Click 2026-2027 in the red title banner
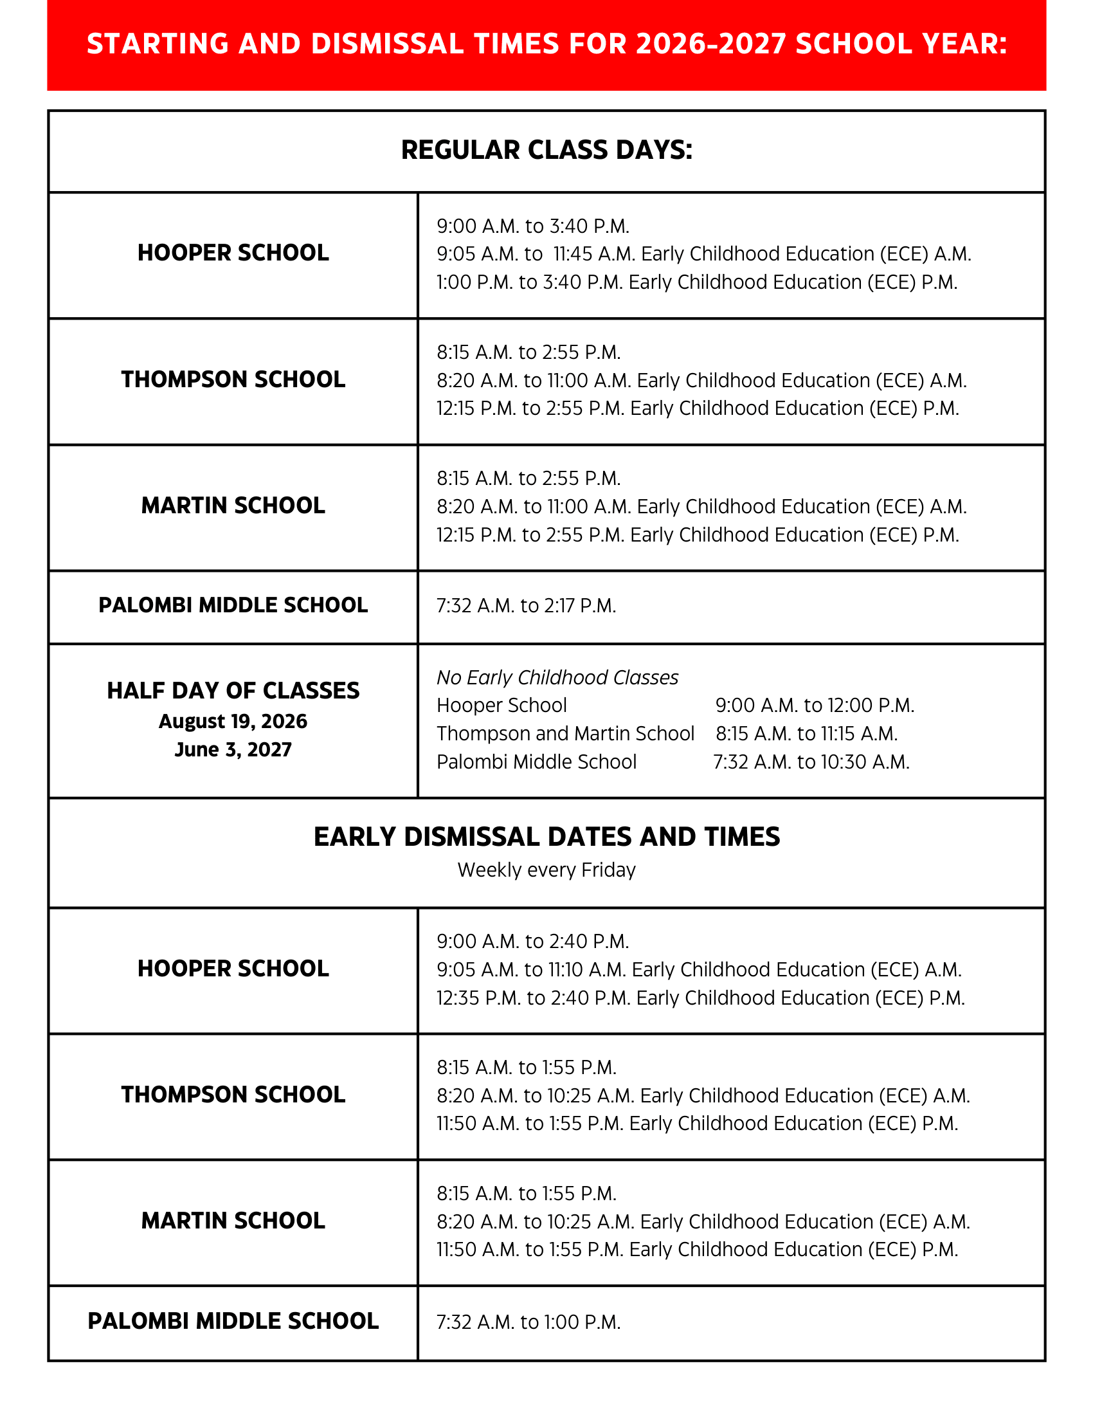(711, 44)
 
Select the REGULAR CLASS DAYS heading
(546, 151)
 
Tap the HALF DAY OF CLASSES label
(233, 691)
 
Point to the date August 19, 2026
(233, 721)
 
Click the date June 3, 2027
(233, 749)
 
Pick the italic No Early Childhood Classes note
(557, 678)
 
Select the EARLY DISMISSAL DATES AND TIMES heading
(546, 837)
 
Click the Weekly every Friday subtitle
(546, 870)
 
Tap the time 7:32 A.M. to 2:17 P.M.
(526, 606)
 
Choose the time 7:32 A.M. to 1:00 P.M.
(528, 1322)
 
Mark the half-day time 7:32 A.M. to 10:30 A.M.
(811, 762)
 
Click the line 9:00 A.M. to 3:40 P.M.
(533, 226)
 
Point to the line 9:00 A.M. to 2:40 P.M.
(533, 942)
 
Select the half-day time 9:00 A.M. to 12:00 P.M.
(815, 706)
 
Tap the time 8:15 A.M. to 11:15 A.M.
(806, 734)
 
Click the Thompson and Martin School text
(565, 734)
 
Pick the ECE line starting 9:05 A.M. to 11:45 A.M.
(704, 254)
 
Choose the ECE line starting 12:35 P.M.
(701, 998)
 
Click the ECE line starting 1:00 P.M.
(697, 282)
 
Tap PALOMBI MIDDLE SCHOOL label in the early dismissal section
(233, 1321)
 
